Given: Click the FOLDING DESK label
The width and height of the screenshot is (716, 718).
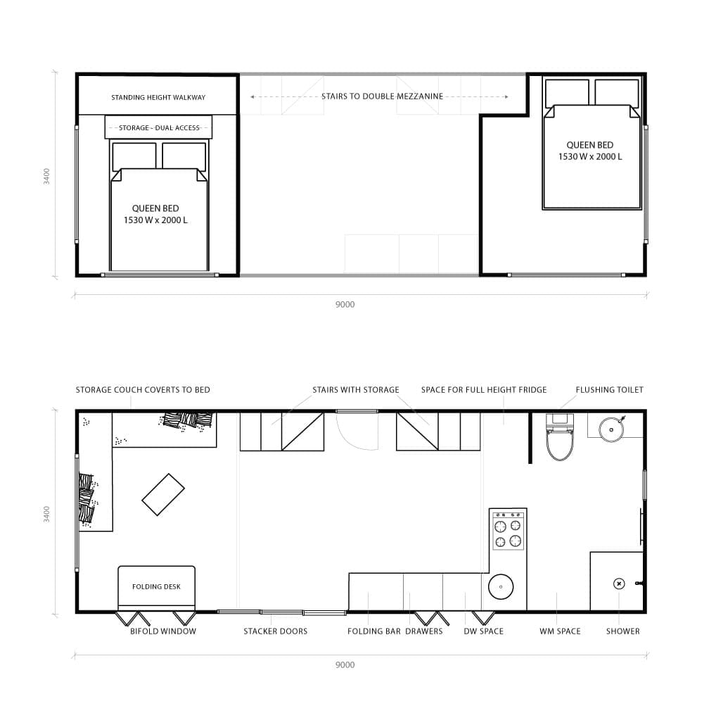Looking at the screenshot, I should [156, 586].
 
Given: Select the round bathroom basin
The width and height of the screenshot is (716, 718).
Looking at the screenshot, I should [611, 427].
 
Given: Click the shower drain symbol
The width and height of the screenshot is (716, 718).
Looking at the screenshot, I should [619, 583].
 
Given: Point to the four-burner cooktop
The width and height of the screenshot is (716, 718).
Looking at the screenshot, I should [508, 532].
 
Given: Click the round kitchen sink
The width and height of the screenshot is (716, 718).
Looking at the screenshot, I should [501, 586].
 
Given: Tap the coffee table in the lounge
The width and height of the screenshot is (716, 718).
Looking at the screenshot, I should [163, 494].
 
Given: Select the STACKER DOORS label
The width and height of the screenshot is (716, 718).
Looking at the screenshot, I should [275, 631].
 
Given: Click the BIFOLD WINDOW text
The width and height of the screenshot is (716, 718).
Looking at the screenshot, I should [163, 631].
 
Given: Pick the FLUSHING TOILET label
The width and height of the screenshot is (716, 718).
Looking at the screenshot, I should [609, 389].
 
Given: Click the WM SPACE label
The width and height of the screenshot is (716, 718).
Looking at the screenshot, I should [560, 631].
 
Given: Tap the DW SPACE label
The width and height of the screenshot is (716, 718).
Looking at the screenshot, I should [483, 631].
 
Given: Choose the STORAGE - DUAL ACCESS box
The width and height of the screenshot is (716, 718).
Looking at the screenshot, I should [159, 127].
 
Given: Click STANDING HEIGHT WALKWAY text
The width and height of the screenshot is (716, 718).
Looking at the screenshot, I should [158, 97].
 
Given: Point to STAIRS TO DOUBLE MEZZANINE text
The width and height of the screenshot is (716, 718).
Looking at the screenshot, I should [382, 96].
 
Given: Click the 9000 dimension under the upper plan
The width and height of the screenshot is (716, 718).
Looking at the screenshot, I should [345, 305].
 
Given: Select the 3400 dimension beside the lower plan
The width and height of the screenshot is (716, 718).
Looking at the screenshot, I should [47, 514].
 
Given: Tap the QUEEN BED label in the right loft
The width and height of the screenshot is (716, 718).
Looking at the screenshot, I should [589, 151].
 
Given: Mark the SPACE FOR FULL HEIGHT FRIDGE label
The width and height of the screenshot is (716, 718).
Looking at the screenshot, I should [483, 389].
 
